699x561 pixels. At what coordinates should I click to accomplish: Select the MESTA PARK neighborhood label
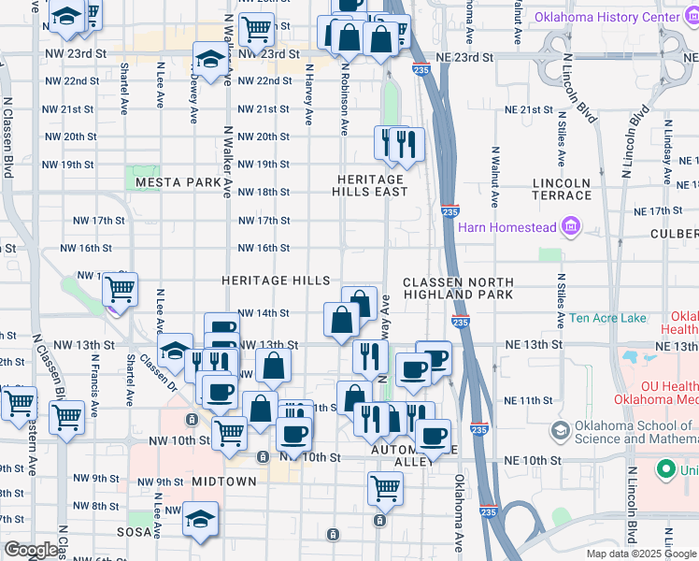tap(177, 181)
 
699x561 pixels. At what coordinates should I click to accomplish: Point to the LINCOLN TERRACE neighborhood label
tap(561, 189)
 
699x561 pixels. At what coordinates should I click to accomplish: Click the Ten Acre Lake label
tap(607, 319)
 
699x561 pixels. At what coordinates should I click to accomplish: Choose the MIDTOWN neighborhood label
tap(224, 481)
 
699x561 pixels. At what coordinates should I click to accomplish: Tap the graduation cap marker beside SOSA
tap(200, 520)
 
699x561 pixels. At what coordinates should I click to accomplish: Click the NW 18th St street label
tap(264, 193)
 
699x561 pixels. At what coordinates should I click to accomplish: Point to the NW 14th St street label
tap(264, 313)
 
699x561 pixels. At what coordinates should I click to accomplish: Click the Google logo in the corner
tap(32, 550)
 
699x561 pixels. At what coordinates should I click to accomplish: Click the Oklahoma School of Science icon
tap(560, 431)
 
